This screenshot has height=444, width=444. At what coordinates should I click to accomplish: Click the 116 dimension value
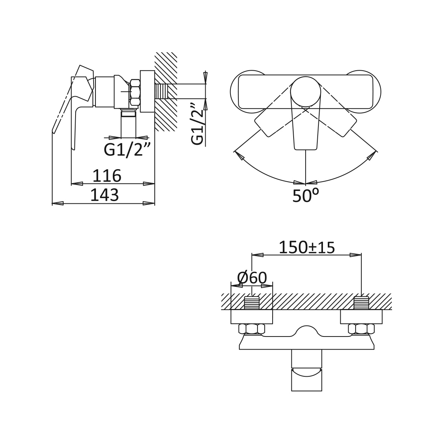107,176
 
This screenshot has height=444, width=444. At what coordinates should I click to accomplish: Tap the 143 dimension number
105,195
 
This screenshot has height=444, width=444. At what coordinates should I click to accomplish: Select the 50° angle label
306,195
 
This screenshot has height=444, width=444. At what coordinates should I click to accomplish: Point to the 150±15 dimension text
307,247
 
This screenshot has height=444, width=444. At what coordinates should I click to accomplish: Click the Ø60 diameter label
252,278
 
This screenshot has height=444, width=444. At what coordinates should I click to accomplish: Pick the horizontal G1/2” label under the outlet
127,150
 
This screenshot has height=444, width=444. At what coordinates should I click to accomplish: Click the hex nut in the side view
135,93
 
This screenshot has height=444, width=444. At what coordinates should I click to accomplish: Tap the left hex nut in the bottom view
252,329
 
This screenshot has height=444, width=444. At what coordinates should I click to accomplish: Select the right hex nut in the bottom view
361,329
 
